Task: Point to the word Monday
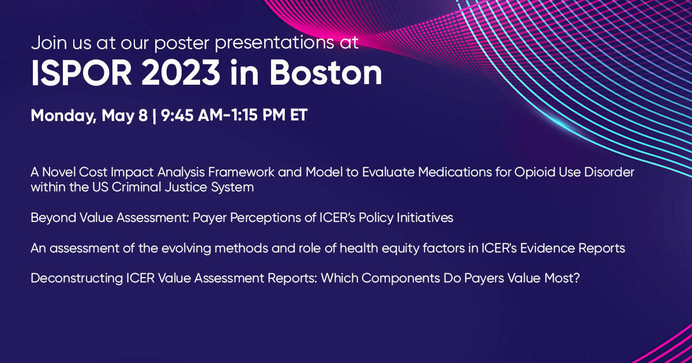pyautogui.click(x=63, y=116)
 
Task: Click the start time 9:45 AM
pyautogui.click(x=192, y=115)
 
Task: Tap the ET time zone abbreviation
pyautogui.click(x=299, y=115)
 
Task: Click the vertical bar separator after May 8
pyautogui.click(x=154, y=116)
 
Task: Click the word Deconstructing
pyautogui.click(x=77, y=279)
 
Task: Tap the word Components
pyautogui.click(x=401, y=279)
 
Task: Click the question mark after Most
pyautogui.click(x=577, y=278)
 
